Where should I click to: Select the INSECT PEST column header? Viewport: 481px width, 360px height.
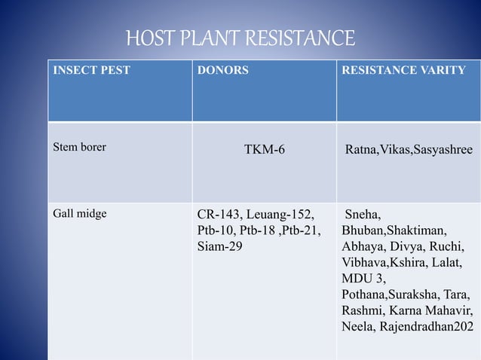[90, 71]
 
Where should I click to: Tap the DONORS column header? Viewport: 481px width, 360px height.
[222, 71]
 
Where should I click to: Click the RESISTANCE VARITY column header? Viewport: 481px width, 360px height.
[403, 71]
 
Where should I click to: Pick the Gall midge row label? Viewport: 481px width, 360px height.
[79, 213]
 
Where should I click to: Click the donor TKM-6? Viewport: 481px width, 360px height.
[264, 150]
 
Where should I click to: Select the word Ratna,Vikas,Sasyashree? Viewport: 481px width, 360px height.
[409, 150]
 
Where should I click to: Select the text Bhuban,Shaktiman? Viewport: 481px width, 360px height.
[393, 230]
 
